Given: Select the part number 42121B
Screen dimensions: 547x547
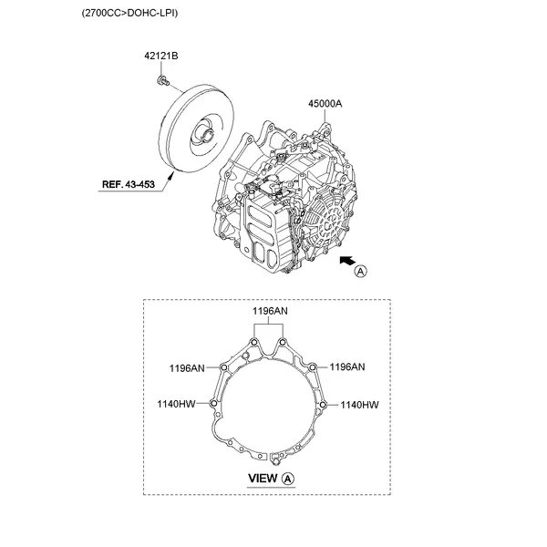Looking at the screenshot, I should pos(160,57).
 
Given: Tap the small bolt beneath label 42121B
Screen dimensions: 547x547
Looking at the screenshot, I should pos(160,83).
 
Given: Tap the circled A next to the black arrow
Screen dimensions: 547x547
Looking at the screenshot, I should pos(362,272).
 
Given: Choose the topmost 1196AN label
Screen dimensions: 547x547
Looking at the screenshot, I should pos(269,311).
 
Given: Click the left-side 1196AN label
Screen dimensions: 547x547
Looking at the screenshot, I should pos(187,367).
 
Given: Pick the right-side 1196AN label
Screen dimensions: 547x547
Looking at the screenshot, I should pos(346,367).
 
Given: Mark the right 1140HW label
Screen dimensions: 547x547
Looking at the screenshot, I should pos(359,403).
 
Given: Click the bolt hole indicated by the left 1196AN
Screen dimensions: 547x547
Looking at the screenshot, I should pos(223,367).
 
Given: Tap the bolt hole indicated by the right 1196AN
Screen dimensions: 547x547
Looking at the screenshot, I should pos(313,367).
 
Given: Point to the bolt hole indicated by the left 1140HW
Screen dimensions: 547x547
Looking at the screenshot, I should pos(213,402).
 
